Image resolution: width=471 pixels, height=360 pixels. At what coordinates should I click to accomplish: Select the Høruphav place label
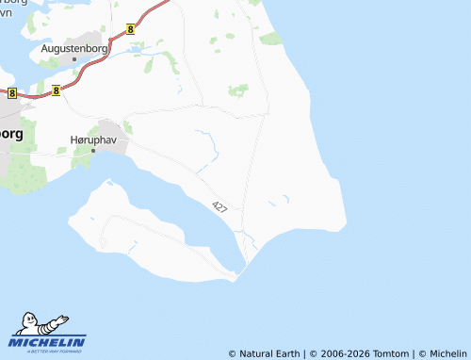coord(92,138)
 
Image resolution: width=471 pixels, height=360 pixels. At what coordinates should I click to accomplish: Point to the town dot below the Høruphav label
coord(92,150)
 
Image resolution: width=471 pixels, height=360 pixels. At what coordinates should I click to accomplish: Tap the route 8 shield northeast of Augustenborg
coord(130,29)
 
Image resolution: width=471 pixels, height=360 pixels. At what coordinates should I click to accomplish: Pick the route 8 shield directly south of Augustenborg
coord(57,90)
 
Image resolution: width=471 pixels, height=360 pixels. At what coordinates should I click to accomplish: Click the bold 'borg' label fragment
coord(11,133)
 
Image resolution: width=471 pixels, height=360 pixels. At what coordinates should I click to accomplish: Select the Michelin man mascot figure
coord(37,324)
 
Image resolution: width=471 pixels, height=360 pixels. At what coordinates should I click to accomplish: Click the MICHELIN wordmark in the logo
coord(49,342)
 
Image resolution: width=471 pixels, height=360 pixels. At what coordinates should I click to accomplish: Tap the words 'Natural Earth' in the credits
coord(269,353)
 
